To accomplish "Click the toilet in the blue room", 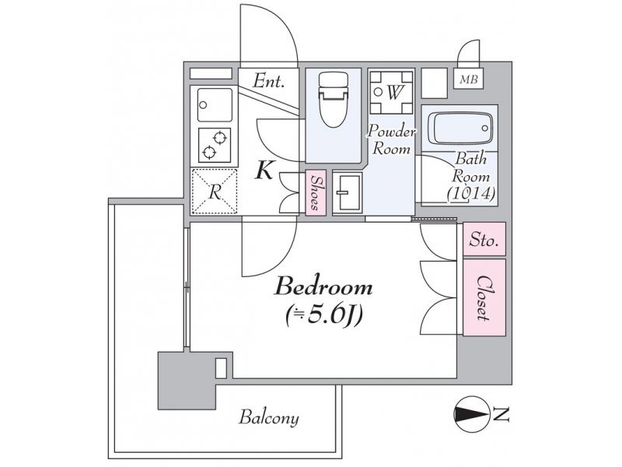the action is pyautogui.click(x=334, y=100).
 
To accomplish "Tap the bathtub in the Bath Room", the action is pyautogui.click(x=463, y=128).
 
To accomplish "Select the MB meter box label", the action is pyautogui.click(x=469, y=79).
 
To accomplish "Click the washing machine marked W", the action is pyautogui.click(x=391, y=93).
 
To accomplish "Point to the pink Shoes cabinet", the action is pyautogui.click(x=316, y=192).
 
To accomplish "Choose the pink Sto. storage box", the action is pyautogui.click(x=484, y=239).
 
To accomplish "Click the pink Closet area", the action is pyautogui.click(x=484, y=298).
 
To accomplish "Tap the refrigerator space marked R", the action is pyautogui.click(x=215, y=191).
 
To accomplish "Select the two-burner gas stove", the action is pyautogui.click(x=215, y=145).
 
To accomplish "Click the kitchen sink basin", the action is pyautogui.click(x=215, y=105).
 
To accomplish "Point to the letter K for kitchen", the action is pyautogui.click(x=264, y=170).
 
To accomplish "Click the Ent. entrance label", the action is pyautogui.click(x=268, y=82).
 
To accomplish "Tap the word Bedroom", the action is pyautogui.click(x=323, y=287).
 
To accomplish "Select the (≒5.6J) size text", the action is pyautogui.click(x=324, y=316).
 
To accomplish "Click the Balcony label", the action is pyautogui.click(x=268, y=418).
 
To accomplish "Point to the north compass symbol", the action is pyautogui.click(x=471, y=415).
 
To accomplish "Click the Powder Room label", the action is pyautogui.click(x=390, y=140).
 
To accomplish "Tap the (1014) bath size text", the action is pyautogui.click(x=471, y=194).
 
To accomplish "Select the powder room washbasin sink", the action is pyautogui.click(x=347, y=192).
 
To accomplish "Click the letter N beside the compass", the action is pyautogui.click(x=501, y=415).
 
